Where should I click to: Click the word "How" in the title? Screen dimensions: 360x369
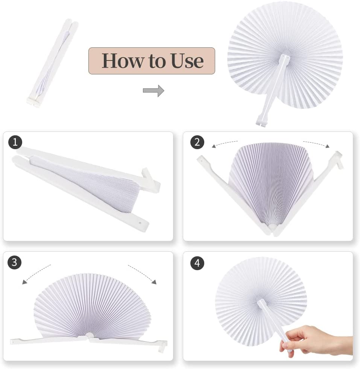123,61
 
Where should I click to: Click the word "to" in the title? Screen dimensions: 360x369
157,61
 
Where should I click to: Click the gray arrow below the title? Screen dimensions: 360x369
153,91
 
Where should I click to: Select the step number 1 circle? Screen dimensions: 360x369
15,142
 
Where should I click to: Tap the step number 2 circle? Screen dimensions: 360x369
197,142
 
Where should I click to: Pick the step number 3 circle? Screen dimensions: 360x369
15,262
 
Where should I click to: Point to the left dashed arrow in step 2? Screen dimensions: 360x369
225,144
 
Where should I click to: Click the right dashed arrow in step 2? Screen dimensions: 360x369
316,144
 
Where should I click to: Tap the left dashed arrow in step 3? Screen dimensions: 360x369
36,274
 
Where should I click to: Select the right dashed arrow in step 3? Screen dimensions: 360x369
142,274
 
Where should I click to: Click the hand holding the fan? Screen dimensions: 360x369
318,339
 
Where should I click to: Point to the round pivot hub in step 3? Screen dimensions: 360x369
89,336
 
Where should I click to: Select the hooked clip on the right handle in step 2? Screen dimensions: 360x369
339,159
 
